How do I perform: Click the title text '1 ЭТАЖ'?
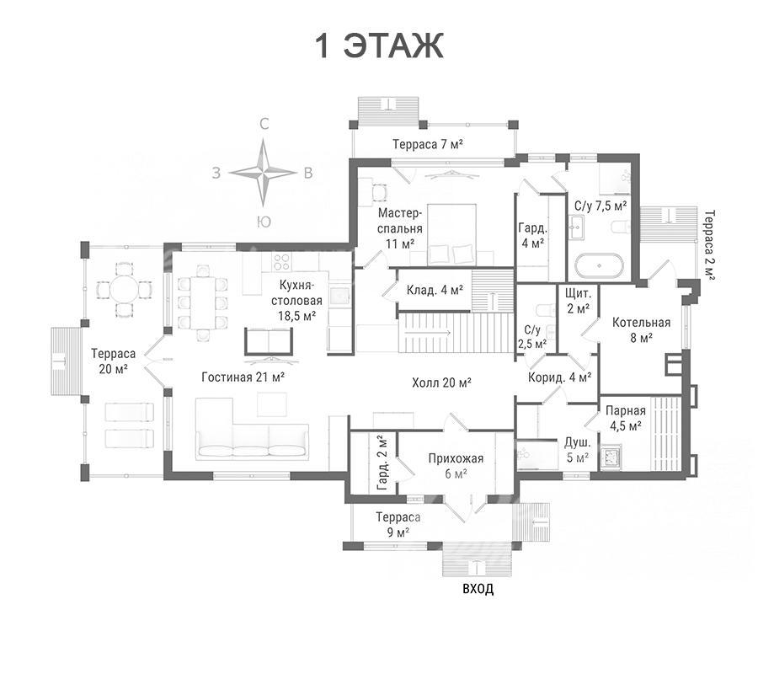click(380, 46)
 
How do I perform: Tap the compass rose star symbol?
click(263, 172)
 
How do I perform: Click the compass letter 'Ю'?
click(264, 222)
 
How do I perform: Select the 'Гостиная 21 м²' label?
click(243, 377)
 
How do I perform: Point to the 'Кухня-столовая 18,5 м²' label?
click(296, 300)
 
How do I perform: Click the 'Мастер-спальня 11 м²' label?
click(400, 227)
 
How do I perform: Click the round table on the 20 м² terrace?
click(125, 290)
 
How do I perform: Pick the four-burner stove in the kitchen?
click(281, 262)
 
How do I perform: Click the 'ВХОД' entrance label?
click(478, 589)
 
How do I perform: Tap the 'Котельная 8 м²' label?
click(641, 329)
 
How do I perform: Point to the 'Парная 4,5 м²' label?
click(625, 418)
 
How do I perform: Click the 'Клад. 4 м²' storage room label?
click(435, 290)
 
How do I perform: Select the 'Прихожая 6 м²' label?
click(456, 466)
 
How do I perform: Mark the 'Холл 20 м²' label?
click(441, 383)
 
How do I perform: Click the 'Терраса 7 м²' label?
click(429, 144)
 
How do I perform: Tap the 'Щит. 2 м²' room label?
click(578, 300)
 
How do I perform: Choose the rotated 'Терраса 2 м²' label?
click(710, 245)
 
